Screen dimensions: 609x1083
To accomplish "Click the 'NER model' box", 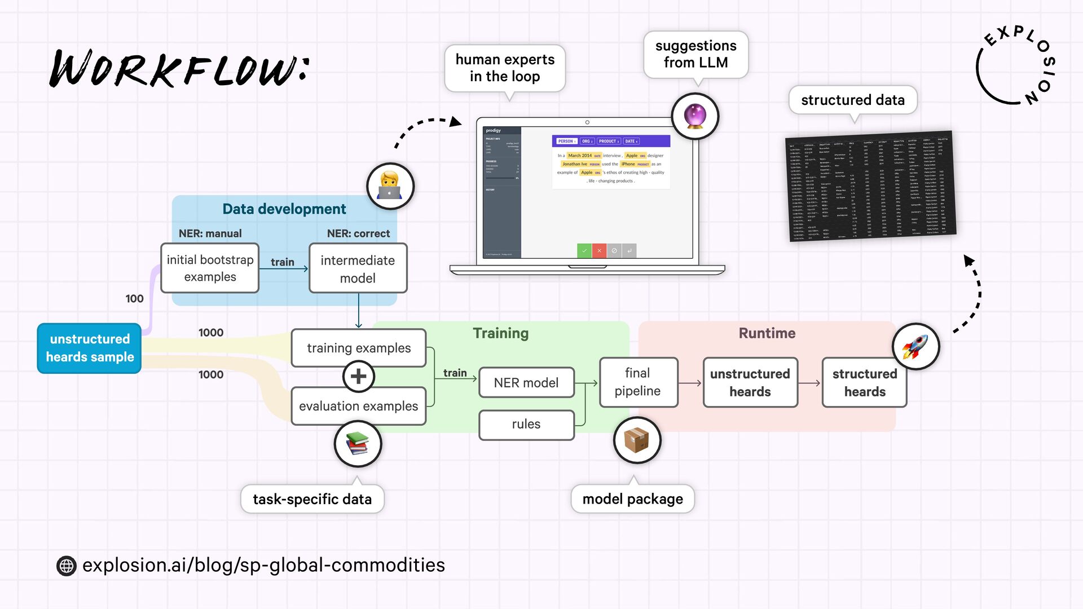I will pyautogui.click(x=526, y=383).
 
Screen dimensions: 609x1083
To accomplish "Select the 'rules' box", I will pyautogui.click(x=526, y=424).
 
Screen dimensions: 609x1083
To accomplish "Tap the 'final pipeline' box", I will pyautogui.click(x=638, y=382).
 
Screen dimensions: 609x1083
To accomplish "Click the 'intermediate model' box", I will pyautogui.click(x=358, y=269).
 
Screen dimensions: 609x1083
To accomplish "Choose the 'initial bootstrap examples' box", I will pyautogui.click(x=210, y=268).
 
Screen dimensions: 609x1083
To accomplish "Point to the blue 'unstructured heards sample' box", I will pyautogui.click(x=90, y=348).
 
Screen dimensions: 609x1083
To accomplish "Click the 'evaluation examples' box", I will pyautogui.click(x=359, y=406).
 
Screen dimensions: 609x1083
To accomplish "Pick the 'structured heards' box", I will pyautogui.click(x=865, y=383).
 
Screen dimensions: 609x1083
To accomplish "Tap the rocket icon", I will pyautogui.click(x=915, y=346).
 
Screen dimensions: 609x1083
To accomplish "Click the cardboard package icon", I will pyautogui.click(x=637, y=440).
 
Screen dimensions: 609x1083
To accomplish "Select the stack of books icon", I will pyautogui.click(x=358, y=444).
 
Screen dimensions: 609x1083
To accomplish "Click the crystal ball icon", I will pyautogui.click(x=695, y=116).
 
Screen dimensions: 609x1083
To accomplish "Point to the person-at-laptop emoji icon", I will pyautogui.click(x=390, y=186).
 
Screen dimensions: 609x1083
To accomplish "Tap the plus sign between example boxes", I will pyautogui.click(x=359, y=377).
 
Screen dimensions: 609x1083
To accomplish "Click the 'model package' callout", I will pyautogui.click(x=632, y=499).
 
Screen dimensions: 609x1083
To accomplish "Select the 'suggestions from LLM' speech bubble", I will pyautogui.click(x=695, y=54).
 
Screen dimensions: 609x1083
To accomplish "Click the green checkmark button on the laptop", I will pyautogui.click(x=584, y=250).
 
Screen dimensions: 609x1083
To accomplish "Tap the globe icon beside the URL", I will pyautogui.click(x=67, y=566).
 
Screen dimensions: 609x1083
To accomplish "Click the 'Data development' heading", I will pyautogui.click(x=284, y=209).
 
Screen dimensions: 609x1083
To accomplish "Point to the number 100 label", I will pyautogui.click(x=134, y=299).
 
